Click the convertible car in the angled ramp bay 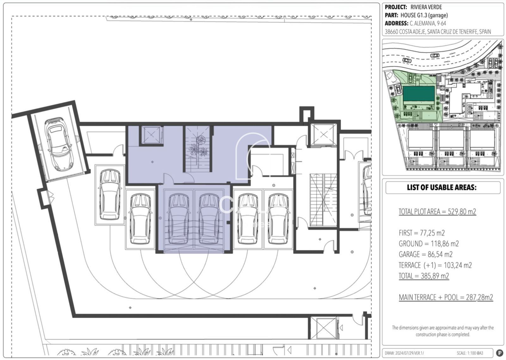(x=59, y=144)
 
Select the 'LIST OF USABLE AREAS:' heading (x=442, y=187)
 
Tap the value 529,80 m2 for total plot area (x=462, y=211)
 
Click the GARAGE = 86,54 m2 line (x=426, y=254)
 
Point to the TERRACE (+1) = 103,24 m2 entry (x=435, y=265)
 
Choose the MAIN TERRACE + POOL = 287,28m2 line (x=446, y=297)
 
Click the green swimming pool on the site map (x=419, y=94)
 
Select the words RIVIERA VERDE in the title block (x=426, y=7)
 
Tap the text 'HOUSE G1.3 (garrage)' (x=424, y=15)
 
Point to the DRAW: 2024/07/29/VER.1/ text (x=404, y=353)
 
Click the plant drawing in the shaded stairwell (x=198, y=147)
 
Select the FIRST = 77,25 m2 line (x=422, y=233)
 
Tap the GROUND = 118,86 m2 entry (x=429, y=244)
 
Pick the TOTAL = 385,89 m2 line (x=424, y=276)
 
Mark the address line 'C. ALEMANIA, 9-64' (x=428, y=23)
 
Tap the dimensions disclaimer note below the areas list (x=443, y=331)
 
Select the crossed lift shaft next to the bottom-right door (x=324, y=328)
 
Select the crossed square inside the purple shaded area (x=151, y=135)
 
